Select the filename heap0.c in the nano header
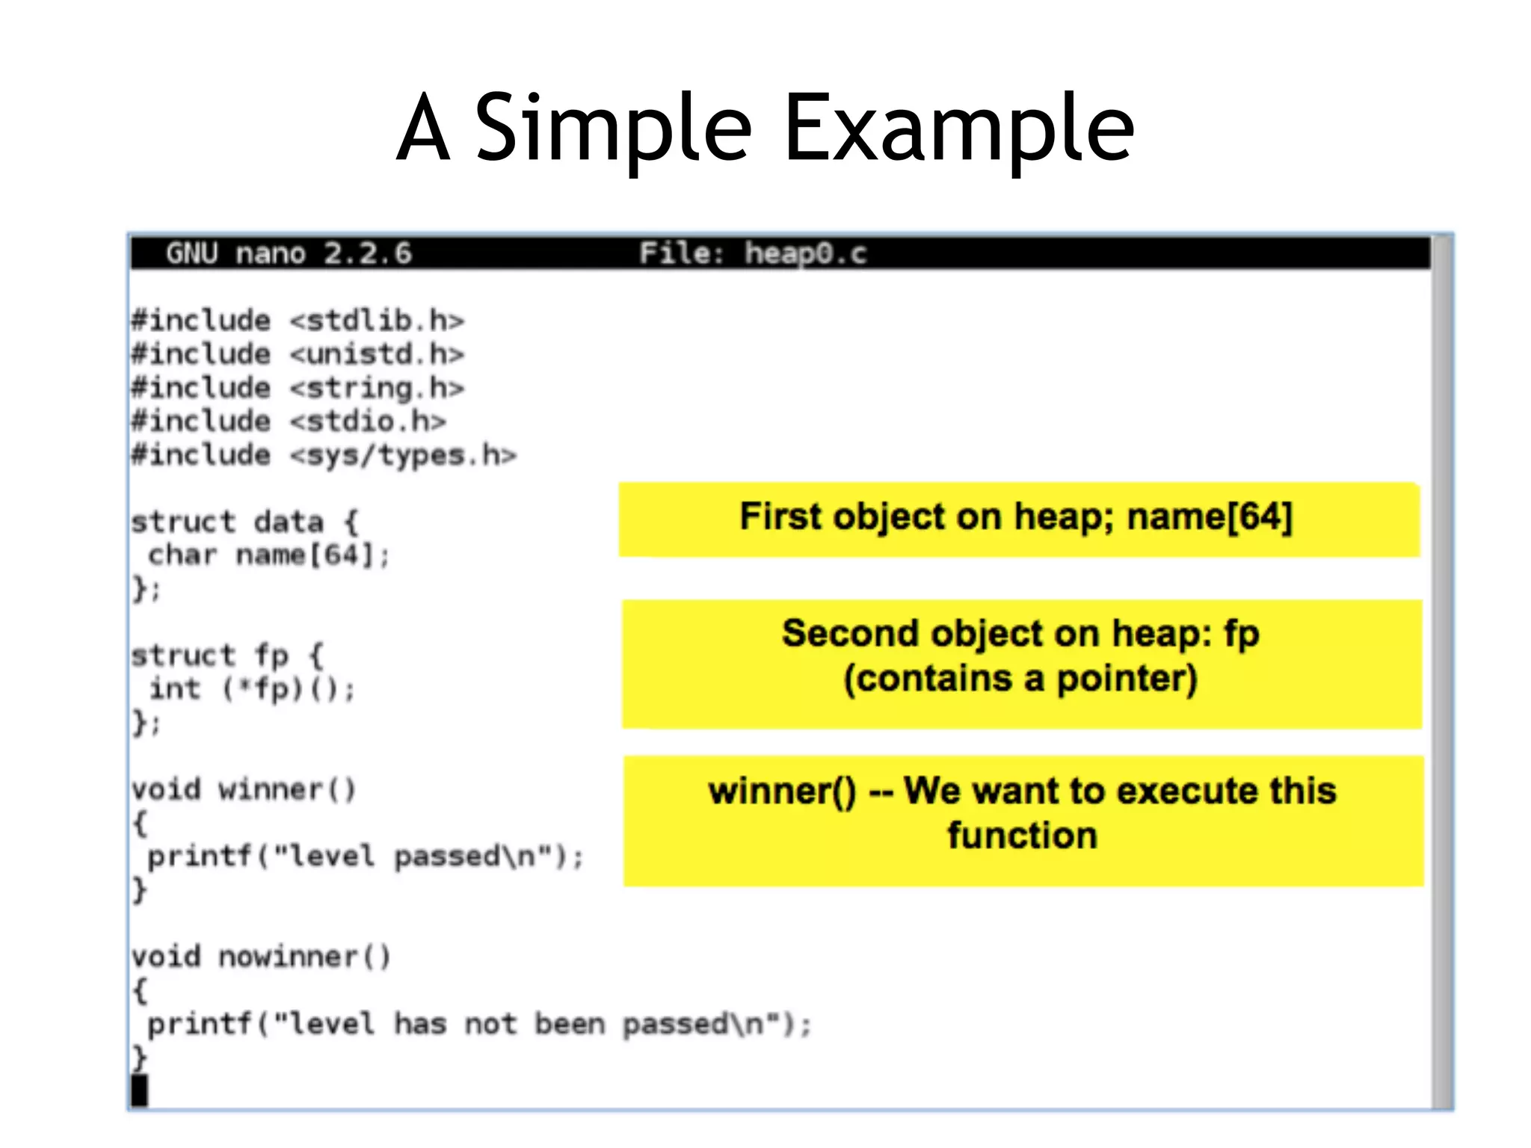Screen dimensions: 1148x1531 pos(805,253)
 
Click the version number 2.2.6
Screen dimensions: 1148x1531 pos(367,253)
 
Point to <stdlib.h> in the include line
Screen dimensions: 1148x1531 pos(377,321)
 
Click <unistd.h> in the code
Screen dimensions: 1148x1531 pos(377,354)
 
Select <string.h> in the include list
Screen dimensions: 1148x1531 pos(377,388)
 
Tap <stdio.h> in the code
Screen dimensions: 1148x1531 pos(368,422)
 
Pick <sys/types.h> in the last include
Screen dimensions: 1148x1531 pos(403,455)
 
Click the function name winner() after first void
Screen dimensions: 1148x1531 pos(287,790)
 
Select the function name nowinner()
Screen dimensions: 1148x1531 pos(304,957)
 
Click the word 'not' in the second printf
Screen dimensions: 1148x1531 pos(490,1024)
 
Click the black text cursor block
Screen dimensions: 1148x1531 pos(140,1090)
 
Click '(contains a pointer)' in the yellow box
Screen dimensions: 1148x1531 pos(1020,679)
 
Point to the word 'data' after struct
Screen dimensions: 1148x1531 pos(289,522)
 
